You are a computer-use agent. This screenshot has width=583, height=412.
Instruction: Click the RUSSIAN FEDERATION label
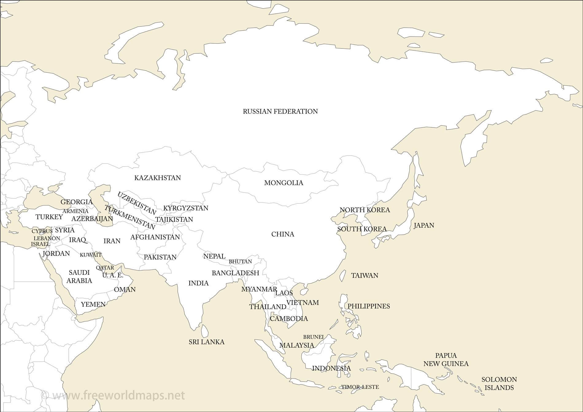tap(280, 111)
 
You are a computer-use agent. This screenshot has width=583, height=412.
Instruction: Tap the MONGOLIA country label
tap(284, 183)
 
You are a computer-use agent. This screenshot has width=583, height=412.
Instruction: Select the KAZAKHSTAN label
tap(157, 178)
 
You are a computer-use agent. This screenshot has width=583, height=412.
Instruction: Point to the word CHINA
tap(283, 234)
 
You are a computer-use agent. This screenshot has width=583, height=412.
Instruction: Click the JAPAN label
tap(424, 225)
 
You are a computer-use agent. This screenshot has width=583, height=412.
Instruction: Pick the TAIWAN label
tap(365, 275)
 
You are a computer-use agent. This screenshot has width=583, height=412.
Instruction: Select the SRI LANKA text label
tap(207, 342)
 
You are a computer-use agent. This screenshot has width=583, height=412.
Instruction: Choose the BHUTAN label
tap(240, 262)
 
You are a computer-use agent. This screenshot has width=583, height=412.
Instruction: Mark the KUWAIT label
tap(91, 255)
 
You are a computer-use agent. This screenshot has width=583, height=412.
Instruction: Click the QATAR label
tap(105, 268)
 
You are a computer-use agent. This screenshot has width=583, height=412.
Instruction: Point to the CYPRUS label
tap(42, 231)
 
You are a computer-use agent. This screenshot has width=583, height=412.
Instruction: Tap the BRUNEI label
tap(313, 337)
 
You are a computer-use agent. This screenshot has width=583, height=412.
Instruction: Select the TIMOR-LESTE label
tap(360, 387)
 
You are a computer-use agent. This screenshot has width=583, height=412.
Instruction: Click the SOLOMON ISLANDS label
tap(499, 383)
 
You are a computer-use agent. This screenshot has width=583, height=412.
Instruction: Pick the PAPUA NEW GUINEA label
tap(446, 360)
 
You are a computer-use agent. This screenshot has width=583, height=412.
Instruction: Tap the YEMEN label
tap(93, 304)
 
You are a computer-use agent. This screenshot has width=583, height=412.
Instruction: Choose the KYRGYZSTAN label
tap(186, 208)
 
